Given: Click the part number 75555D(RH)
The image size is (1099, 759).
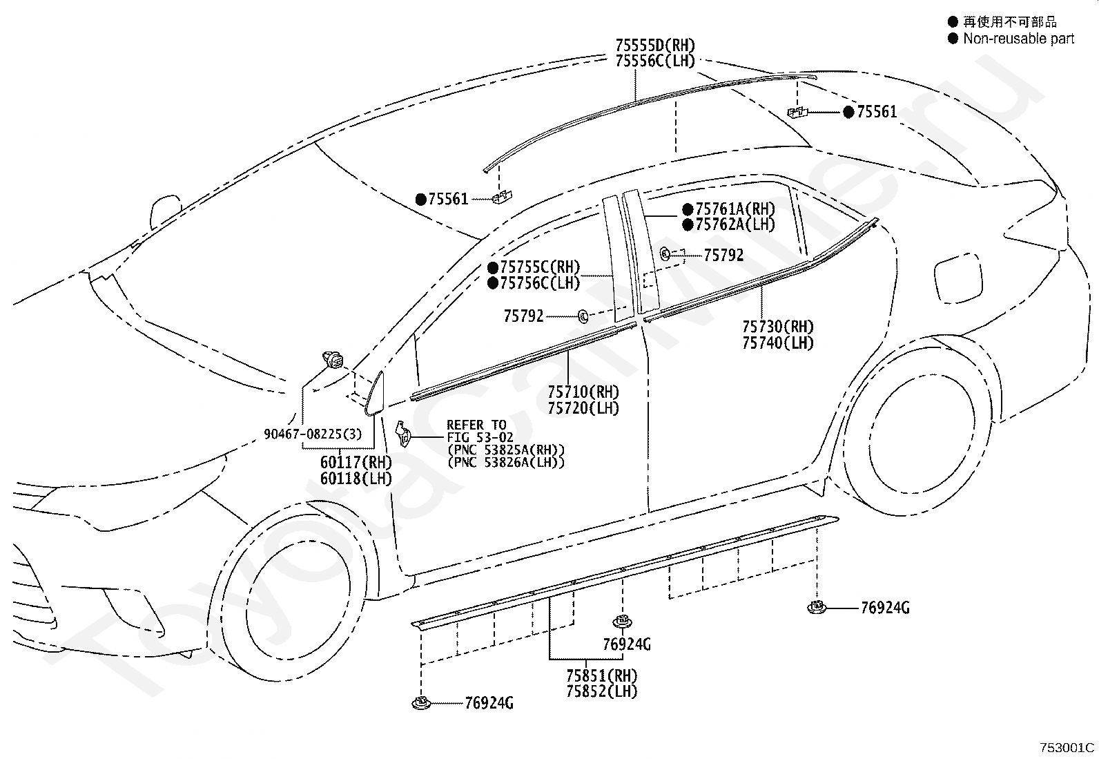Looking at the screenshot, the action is click(x=656, y=46).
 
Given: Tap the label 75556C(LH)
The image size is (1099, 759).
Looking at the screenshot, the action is click(x=656, y=61).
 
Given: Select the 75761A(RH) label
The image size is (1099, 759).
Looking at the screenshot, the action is click(x=735, y=209).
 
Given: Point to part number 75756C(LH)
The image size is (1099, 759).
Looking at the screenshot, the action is click(x=540, y=282).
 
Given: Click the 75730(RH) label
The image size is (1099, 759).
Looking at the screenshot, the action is click(x=777, y=327).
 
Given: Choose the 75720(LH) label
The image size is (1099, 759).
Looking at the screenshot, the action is click(x=583, y=408).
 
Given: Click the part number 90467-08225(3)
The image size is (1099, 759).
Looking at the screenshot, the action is click(x=313, y=434).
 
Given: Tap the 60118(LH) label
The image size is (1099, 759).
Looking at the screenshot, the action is click(x=356, y=478).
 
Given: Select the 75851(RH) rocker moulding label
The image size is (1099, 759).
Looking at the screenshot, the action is click(x=601, y=676).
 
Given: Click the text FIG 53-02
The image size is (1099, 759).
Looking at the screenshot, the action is click(x=480, y=437).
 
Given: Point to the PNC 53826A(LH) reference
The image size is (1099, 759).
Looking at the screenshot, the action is click(x=506, y=463).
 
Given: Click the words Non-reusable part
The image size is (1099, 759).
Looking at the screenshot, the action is click(x=1018, y=38).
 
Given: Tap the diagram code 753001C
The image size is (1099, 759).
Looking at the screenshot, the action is click(x=1067, y=748).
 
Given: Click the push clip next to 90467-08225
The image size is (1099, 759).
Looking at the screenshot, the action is click(x=333, y=359).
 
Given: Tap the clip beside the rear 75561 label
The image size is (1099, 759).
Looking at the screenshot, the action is click(x=797, y=113).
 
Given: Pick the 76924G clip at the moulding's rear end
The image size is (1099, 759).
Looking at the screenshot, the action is click(x=816, y=607).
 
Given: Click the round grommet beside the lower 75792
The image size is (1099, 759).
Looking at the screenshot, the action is click(x=583, y=317).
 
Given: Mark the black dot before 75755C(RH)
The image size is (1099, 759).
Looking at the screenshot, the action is click(x=493, y=267).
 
